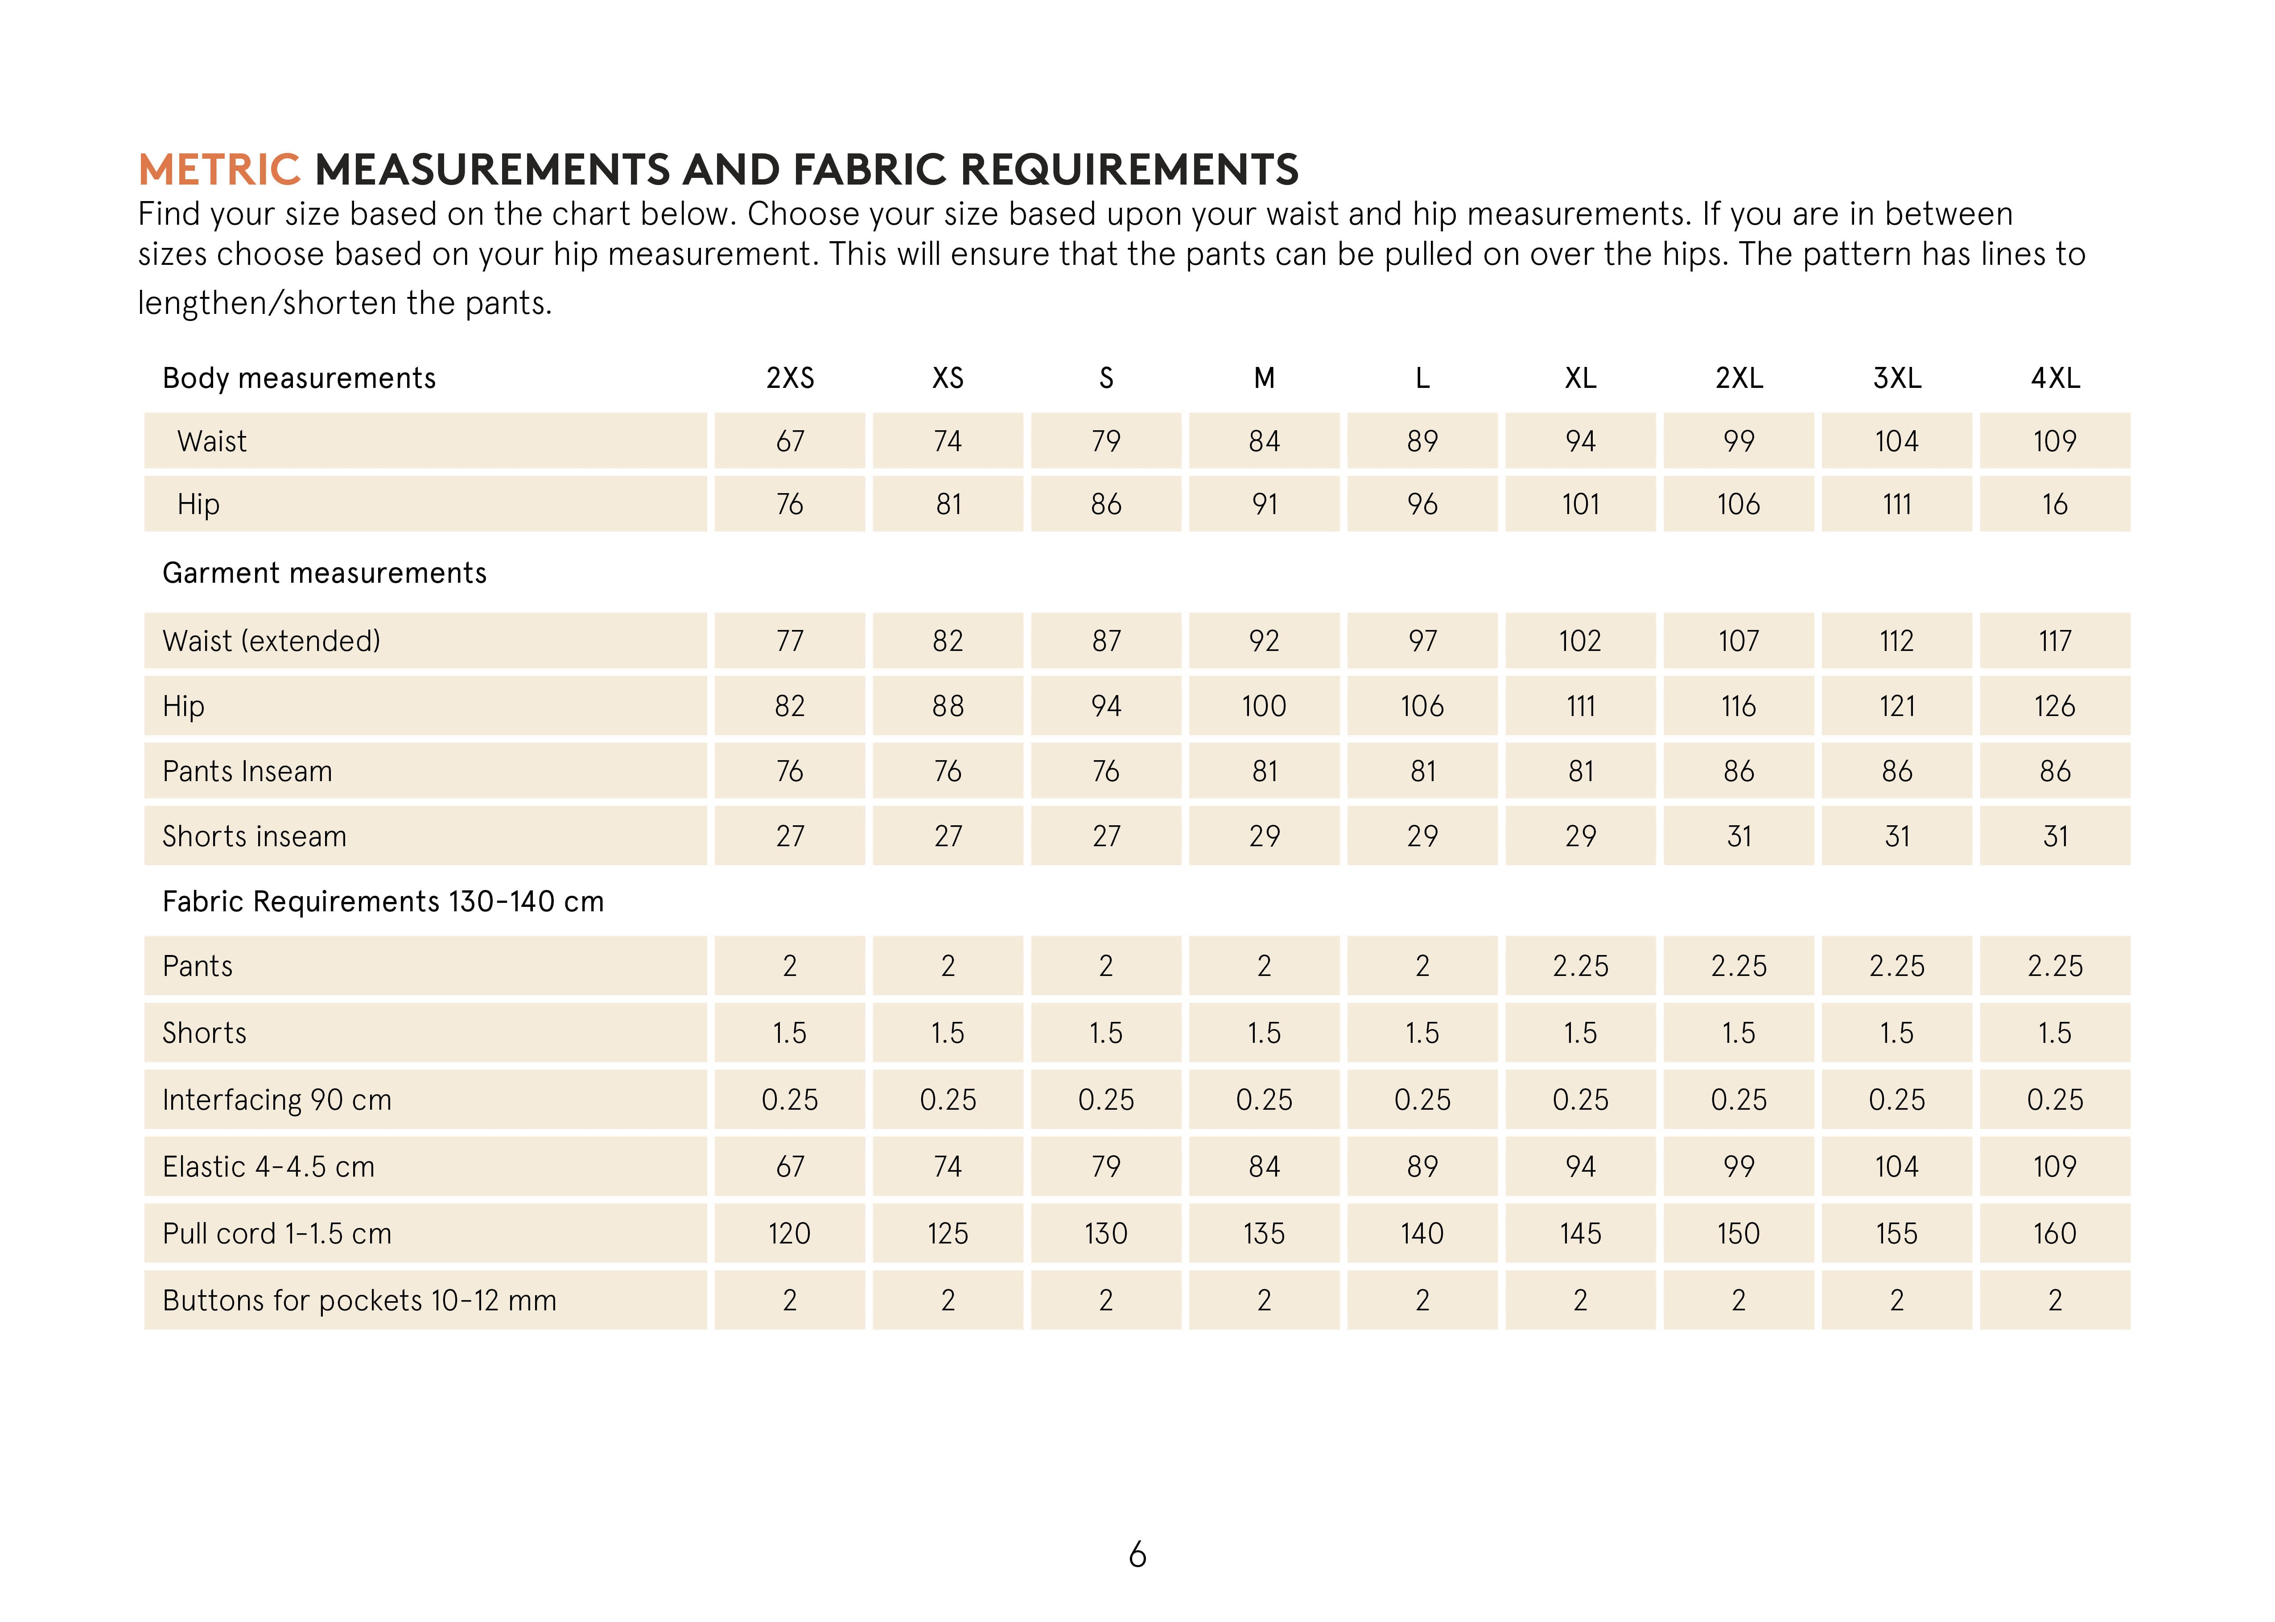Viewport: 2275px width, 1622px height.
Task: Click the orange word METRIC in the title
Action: coord(218,170)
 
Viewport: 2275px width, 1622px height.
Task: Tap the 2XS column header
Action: coord(790,379)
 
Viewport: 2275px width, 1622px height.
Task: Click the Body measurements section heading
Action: coord(299,379)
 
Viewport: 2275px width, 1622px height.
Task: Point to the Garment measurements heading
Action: coord(325,573)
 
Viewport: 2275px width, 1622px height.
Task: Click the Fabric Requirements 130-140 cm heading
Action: coord(383,902)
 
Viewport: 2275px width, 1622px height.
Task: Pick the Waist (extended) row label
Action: coord(272,641)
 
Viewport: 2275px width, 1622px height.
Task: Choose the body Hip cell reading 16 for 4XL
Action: coord(2054,504)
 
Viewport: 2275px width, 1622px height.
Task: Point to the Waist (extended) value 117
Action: coord(2054,641)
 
